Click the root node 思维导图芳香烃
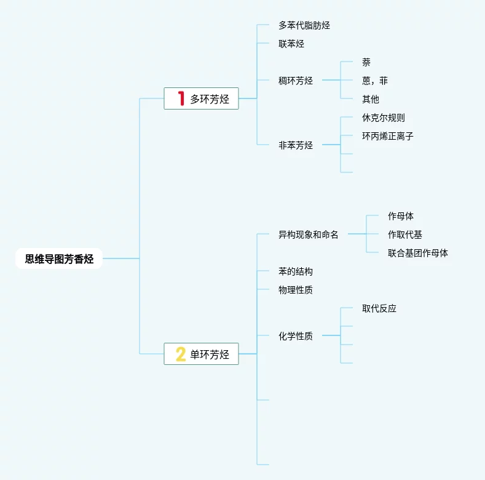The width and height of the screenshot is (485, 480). (x=59, y=259)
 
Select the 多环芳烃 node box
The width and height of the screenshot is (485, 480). (x=201, y=98)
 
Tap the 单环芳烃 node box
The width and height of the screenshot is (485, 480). (x=201, y=354)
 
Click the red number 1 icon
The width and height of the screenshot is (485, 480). (x=181, y=98)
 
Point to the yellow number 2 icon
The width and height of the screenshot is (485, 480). (x=181, y=354)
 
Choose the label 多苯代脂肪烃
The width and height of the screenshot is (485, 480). (x=304, y=25)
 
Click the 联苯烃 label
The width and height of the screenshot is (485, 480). (x=291, y=44)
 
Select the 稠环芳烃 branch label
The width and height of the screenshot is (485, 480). (x=296, y=81)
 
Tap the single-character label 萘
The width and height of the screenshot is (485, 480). (x=366, y=62)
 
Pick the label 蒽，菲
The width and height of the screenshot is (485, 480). (x=375, y=81)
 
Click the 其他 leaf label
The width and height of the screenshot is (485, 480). (x=371, y=99)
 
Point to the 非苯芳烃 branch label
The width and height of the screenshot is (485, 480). (x=296, y=145)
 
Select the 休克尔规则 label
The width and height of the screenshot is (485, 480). (x=384, y=118)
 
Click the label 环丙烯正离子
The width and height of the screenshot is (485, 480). (x=388, y=136)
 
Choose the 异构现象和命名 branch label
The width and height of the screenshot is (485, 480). (x=309, y=234)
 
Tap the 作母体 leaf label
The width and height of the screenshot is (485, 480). (x=401, y=216)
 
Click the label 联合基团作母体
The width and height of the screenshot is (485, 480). (x=418, y=253)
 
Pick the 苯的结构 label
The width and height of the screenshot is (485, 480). (x=296, y=271)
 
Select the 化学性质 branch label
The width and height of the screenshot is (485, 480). (x=296, y=336)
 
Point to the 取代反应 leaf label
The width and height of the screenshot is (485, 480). (x=379, y=308)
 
